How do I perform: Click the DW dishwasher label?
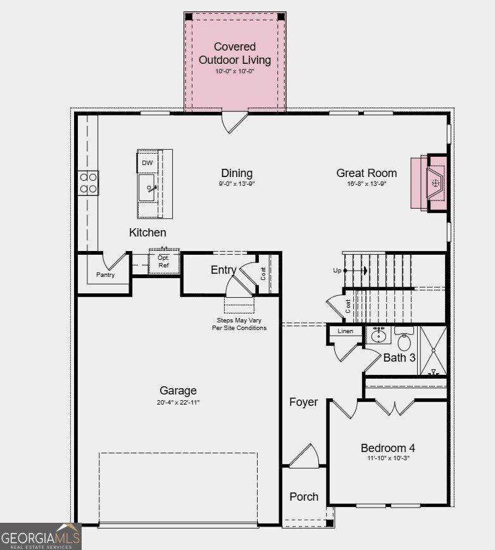[147, 162]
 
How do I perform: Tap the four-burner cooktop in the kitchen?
[88, 183]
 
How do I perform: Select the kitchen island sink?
[146, 188]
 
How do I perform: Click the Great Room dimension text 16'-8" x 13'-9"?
[367, 183]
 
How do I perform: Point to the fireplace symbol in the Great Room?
[435, 183]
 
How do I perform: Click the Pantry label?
[106, 274]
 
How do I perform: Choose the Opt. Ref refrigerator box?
[164, 261]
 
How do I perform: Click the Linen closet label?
[346, 331]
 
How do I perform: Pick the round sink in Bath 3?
[379, 335]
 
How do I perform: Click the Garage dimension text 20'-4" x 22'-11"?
[178, 402]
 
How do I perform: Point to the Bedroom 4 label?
[388, 448]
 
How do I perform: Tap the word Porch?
[304, 497]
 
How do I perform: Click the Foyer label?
[304, 402]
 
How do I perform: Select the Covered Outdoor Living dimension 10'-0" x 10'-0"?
[235, 71]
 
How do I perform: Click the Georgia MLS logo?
[41, 537]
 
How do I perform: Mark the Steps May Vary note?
[239, 324]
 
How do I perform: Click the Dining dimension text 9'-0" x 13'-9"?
[237, 183]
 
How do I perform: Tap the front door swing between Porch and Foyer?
[304, 455]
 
